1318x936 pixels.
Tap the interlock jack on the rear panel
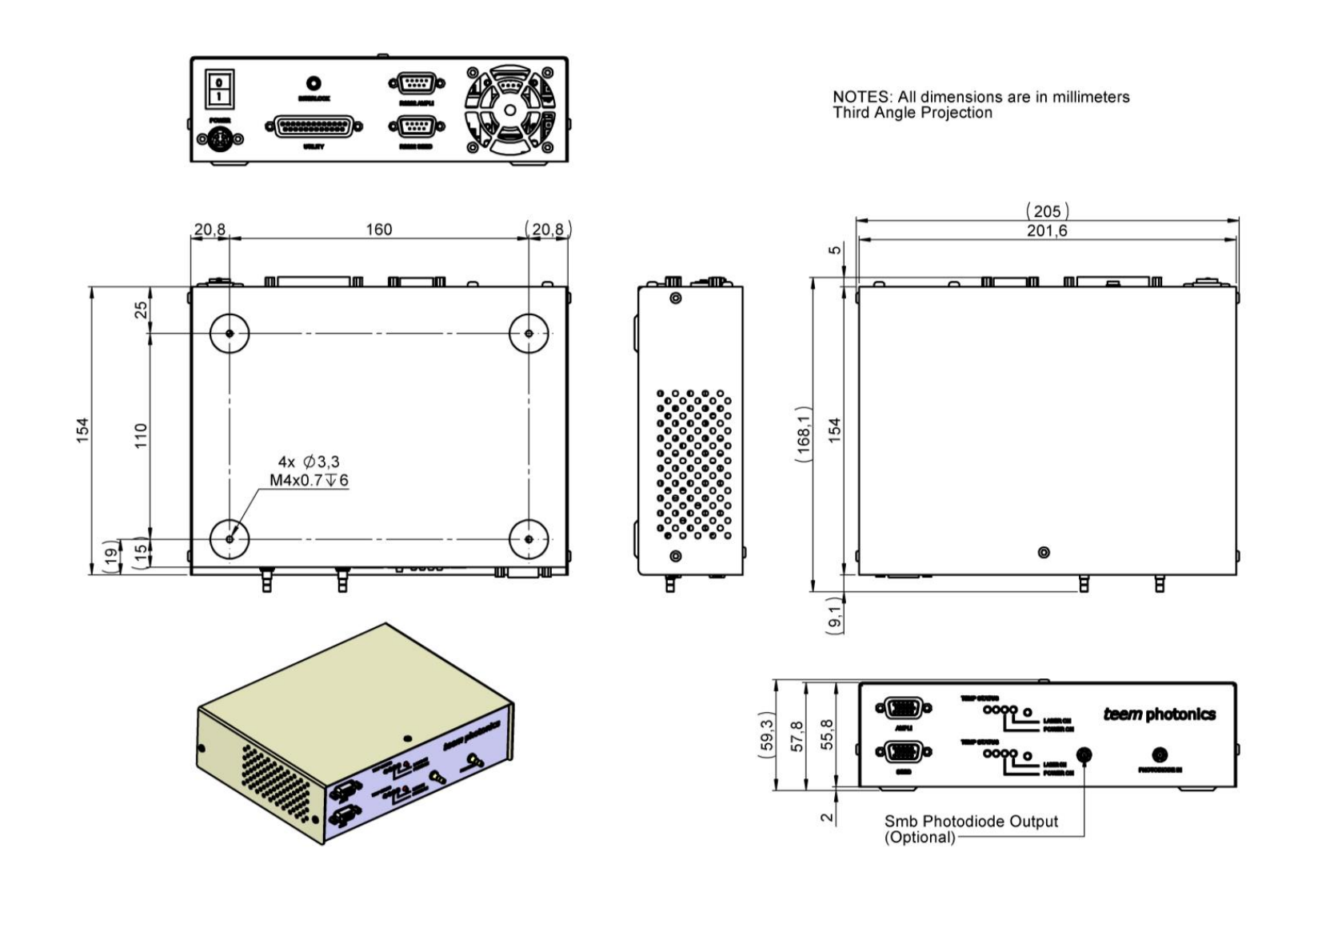pos(314,83)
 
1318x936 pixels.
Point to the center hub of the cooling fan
pos(509,110)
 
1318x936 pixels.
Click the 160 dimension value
pos(379,230)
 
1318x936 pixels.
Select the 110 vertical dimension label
pos(142,435)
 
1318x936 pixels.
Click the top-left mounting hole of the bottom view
pos(230,333)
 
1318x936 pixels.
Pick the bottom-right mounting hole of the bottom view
pos(529,539)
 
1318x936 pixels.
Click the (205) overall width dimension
pos(1047,211)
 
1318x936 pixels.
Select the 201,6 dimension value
pos(1047,230)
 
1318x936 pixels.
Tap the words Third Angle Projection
pos(913,113)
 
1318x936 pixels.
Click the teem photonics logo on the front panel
pos(1159,714)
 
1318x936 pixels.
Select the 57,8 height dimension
pos(797,736)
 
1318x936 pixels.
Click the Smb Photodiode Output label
pos(971,822)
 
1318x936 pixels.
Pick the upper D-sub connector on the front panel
pos(904,708)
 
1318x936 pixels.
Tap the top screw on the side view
pos(676,298)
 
